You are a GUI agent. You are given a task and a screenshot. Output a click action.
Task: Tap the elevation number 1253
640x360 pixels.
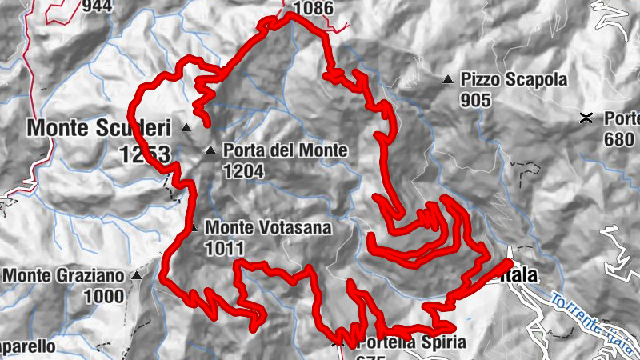click(146, 154)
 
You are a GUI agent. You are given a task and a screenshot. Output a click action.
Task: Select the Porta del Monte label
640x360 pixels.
click(285, 150)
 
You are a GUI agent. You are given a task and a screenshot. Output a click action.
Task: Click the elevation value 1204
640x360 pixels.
click(244, 170)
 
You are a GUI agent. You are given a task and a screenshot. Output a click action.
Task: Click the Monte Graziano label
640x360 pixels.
click(64, 276)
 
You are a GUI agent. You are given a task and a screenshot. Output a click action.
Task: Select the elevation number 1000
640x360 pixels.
click(106, 297)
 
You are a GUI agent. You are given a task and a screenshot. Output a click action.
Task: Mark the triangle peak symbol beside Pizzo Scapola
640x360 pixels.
click(448, 80)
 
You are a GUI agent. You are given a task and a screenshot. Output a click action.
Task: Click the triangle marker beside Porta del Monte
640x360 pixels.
click(210, 150)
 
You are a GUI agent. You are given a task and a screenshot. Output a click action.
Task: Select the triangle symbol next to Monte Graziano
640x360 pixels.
click(136, 276)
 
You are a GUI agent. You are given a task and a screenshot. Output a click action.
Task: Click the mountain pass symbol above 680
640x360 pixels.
click(587, 118)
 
